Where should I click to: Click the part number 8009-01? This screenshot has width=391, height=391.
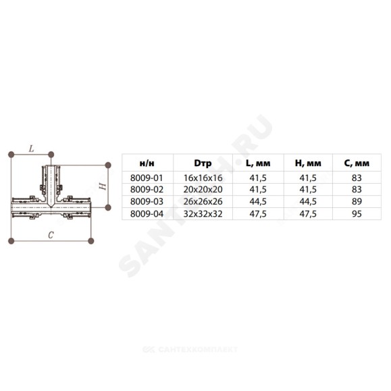tap(147, 178)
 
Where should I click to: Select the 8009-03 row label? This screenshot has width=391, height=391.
tap(147, 201)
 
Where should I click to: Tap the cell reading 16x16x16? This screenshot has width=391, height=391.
tap(203, 178)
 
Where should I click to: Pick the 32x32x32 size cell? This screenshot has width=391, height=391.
tap(203, 213)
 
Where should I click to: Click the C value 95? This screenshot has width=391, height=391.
tap(357, 213)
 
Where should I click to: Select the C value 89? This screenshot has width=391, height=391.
tap(357, 201)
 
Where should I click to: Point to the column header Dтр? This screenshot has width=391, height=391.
tap(203, 163)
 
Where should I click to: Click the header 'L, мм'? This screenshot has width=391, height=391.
tap(258, 163)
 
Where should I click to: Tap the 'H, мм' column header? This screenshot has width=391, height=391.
tap(308, 163)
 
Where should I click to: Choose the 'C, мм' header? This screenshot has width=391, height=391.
tap(357, 163)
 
